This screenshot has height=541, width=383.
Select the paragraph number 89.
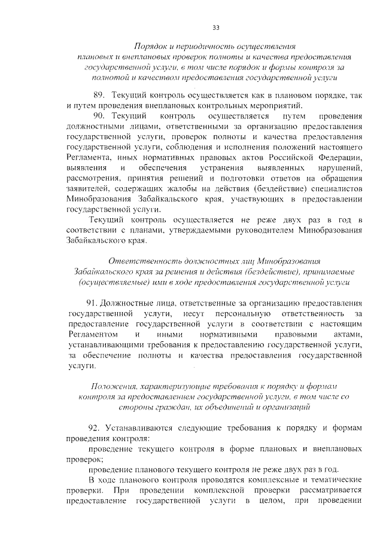tap(100, 95)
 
